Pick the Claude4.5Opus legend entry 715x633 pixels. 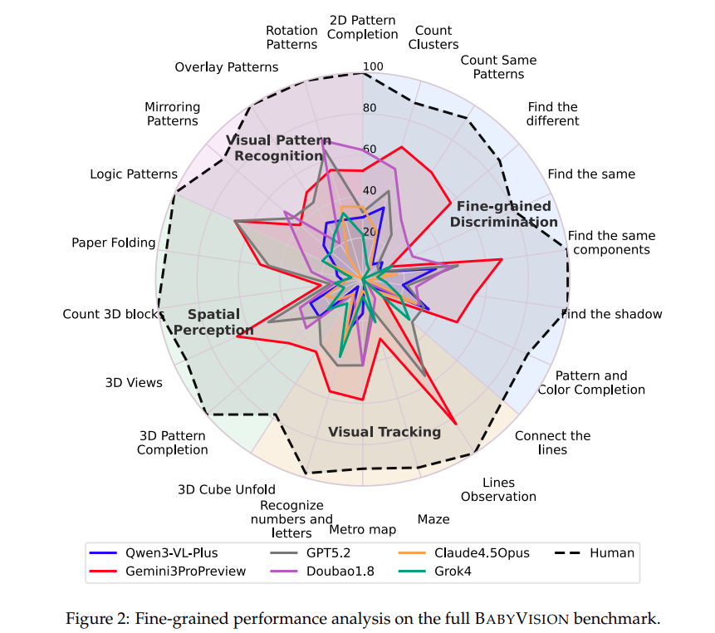[x=482, y=552]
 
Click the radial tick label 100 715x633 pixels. [x=373, y=67]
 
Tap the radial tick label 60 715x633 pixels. [x=370, y=150]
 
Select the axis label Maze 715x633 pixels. [x=433, y=519]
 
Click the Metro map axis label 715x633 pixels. [x=362, y=529]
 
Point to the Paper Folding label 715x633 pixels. [x=114, y=243]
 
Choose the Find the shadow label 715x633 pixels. [x=612, y=314]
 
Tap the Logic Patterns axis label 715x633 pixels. [x=134, y=174]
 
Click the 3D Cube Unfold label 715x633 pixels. [x=227, y=489]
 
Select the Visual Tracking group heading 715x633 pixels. [x=384, y=432]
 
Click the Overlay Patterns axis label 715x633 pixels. [x=227, y=66]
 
